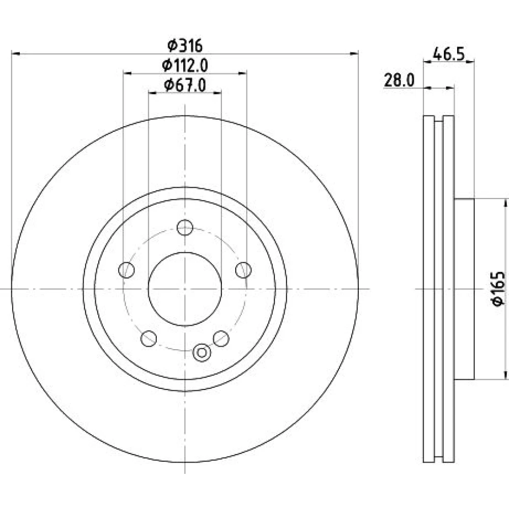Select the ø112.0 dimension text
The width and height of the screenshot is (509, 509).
(185, 66)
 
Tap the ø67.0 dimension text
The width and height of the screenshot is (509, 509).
(185, 86)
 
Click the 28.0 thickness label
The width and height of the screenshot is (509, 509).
(399, 80)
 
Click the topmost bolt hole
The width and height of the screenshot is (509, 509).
(185, 227)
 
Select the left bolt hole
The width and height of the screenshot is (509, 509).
(127, 270)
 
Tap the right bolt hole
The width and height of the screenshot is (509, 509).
(243, 270)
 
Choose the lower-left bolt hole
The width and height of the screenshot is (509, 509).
(149, 338)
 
